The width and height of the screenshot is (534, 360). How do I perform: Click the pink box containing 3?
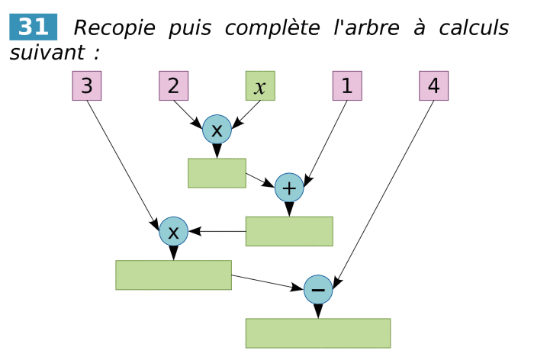87,86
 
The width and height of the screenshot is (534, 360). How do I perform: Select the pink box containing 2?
174,86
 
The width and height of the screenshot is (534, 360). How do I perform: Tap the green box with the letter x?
260,86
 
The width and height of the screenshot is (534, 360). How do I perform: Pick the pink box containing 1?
347,86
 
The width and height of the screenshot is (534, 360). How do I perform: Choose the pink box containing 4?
433,86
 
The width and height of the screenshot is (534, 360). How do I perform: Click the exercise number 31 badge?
33,27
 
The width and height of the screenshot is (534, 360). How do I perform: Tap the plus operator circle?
289,187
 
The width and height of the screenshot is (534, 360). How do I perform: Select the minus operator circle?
318,289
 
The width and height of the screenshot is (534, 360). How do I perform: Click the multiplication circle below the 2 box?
217,130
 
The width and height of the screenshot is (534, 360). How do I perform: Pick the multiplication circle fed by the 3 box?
173,231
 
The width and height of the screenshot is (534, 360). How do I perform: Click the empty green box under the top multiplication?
217,173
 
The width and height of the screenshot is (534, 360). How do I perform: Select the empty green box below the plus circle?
289,231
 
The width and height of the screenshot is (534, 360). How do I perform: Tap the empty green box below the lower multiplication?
173,275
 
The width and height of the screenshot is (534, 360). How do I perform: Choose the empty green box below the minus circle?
318,333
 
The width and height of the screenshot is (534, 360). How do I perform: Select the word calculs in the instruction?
474,28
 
